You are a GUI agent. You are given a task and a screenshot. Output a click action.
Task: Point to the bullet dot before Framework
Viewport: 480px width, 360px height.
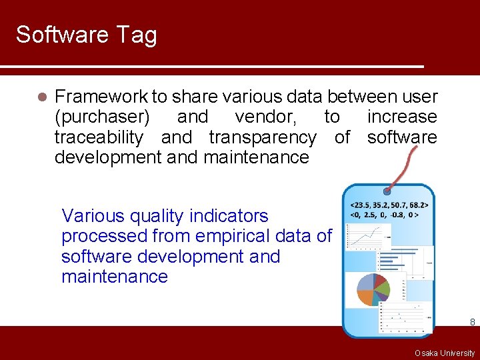[x=41, y=97]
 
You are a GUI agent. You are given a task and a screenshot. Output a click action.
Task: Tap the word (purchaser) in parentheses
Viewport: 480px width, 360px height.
[x=101, y=117]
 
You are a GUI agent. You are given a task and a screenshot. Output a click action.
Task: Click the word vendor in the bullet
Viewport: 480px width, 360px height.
[x=262, y=117]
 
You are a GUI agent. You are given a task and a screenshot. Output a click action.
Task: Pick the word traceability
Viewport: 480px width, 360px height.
[x=99, y=137]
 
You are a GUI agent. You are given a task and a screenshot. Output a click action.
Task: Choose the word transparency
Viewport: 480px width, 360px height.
[x=262, y=137]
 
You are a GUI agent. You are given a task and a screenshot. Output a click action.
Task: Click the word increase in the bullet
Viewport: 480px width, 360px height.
[x=402, y=117]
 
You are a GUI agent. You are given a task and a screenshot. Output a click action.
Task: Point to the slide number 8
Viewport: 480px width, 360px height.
[x=472, y=322]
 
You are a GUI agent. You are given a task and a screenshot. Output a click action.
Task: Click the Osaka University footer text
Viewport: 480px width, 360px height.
[x=444, y=353]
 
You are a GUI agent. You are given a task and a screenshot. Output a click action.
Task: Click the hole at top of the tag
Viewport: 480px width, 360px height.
[x=387, y=191]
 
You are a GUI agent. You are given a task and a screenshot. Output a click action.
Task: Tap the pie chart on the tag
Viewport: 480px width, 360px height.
[x=373, y=289]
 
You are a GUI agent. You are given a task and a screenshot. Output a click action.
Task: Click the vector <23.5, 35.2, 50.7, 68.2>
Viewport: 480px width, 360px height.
[x=389, y=205]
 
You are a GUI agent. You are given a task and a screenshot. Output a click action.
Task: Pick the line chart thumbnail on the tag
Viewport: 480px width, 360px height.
[x=368, y=235]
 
